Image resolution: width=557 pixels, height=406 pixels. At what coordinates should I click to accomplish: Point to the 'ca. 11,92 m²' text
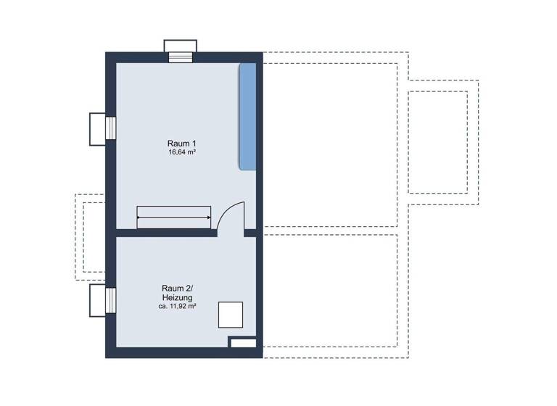[x=178, y=306]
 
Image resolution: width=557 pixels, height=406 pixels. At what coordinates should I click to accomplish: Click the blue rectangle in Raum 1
[x=247, y=116]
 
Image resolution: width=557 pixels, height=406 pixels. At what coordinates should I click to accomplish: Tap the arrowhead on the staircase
[x=209, y=217]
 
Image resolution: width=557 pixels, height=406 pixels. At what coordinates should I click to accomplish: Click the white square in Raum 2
[x=231, y=316]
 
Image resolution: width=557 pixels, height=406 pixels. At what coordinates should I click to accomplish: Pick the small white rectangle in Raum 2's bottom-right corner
[x=243, y=342]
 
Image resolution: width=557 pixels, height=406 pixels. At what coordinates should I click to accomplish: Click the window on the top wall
[x=181, y=57]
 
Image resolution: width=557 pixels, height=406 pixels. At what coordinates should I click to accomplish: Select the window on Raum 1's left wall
[x=111, y=128]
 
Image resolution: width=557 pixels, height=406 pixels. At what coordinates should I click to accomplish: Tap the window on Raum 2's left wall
[x=111, y=300]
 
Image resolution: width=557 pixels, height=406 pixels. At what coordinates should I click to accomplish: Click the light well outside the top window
[x=181, y=46]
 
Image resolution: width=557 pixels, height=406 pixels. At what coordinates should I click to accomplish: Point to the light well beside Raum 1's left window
[x=97, y=128]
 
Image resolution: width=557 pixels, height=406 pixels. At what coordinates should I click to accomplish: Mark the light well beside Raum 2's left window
[x=97, y=300]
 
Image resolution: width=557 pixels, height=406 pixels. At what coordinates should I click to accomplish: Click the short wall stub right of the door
[x=250, y=233]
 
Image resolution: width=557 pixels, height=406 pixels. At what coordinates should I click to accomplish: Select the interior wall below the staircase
[x=167, y=233]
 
